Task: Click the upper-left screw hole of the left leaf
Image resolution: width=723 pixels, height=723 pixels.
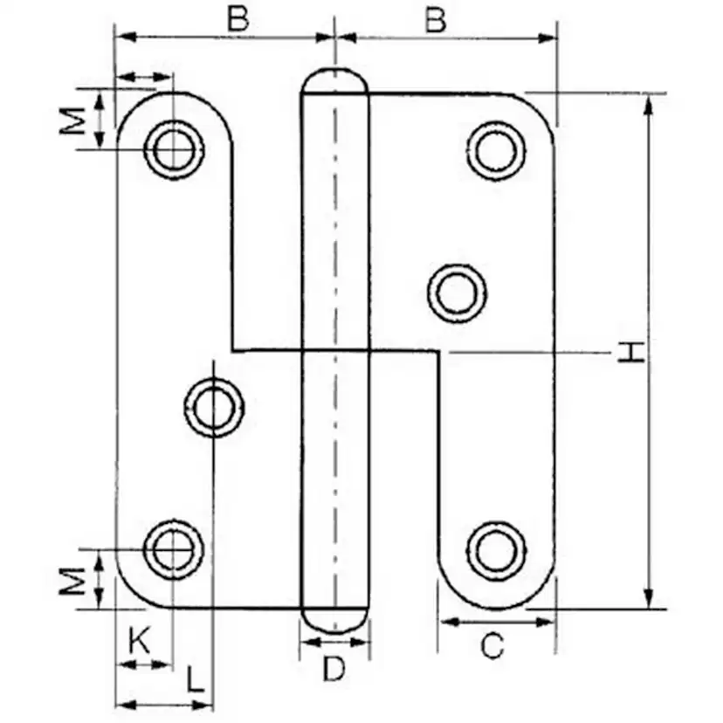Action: (x=175, y=149)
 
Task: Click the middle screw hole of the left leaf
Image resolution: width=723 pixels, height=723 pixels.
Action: (x=214, y=407)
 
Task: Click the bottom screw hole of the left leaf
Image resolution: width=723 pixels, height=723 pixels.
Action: (x=174, y=549)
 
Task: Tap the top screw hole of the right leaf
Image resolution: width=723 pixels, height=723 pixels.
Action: (x=496, y=150)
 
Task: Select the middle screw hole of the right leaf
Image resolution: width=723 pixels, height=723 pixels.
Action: (x=457, y=292)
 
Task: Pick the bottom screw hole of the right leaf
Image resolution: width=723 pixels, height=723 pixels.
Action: (x=496, y=550)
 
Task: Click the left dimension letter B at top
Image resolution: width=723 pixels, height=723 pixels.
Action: (x=238, y=19)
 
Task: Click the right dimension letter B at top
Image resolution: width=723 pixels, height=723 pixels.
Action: (x=436, y=19)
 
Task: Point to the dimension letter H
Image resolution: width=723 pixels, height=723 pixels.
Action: (x=630, y=352)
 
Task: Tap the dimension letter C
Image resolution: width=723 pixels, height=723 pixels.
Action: (x=492, y=646)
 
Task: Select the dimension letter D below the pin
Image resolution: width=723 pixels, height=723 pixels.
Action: (x=334, y=669)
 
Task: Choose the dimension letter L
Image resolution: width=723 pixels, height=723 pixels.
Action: (x=196, y=679)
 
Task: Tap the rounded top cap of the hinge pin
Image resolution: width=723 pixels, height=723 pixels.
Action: (x=334, y=80)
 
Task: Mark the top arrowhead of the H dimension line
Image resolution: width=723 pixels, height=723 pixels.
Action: (x=648, y=106)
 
